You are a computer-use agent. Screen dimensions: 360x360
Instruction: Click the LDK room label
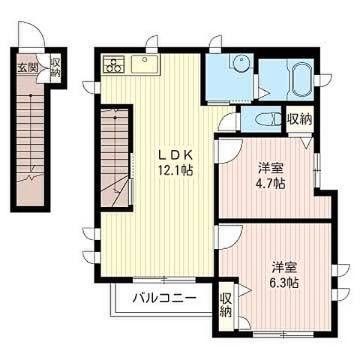coord(175,155)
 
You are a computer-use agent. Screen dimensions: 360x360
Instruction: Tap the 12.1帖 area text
coord(175,170)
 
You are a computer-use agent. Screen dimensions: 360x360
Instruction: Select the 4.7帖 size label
coord(270,184)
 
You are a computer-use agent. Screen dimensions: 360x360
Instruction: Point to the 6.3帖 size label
coord(283,283)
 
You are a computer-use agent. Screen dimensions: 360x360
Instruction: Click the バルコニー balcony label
coord(164,298)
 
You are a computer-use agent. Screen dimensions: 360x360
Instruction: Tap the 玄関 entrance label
coord(28,67)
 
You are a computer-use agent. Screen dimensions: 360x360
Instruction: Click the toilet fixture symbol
coord(268,119)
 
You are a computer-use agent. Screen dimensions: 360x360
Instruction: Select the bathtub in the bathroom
coord(302,79)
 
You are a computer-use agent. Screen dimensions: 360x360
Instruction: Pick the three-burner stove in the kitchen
coord(114,64)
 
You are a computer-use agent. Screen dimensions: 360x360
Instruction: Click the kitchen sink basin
coord(145,64)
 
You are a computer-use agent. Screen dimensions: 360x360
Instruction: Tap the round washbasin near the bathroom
coord(241,62)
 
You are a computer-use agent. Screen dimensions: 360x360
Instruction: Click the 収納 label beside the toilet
coord(300,119)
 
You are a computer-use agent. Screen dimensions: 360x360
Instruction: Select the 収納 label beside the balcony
coord(226,305)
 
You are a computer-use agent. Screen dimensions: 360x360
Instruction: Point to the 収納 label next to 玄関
coord(55,67)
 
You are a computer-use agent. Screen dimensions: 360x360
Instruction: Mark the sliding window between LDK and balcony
coord(164,279)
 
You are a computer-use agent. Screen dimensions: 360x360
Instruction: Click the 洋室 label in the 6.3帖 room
coord(284,267)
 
